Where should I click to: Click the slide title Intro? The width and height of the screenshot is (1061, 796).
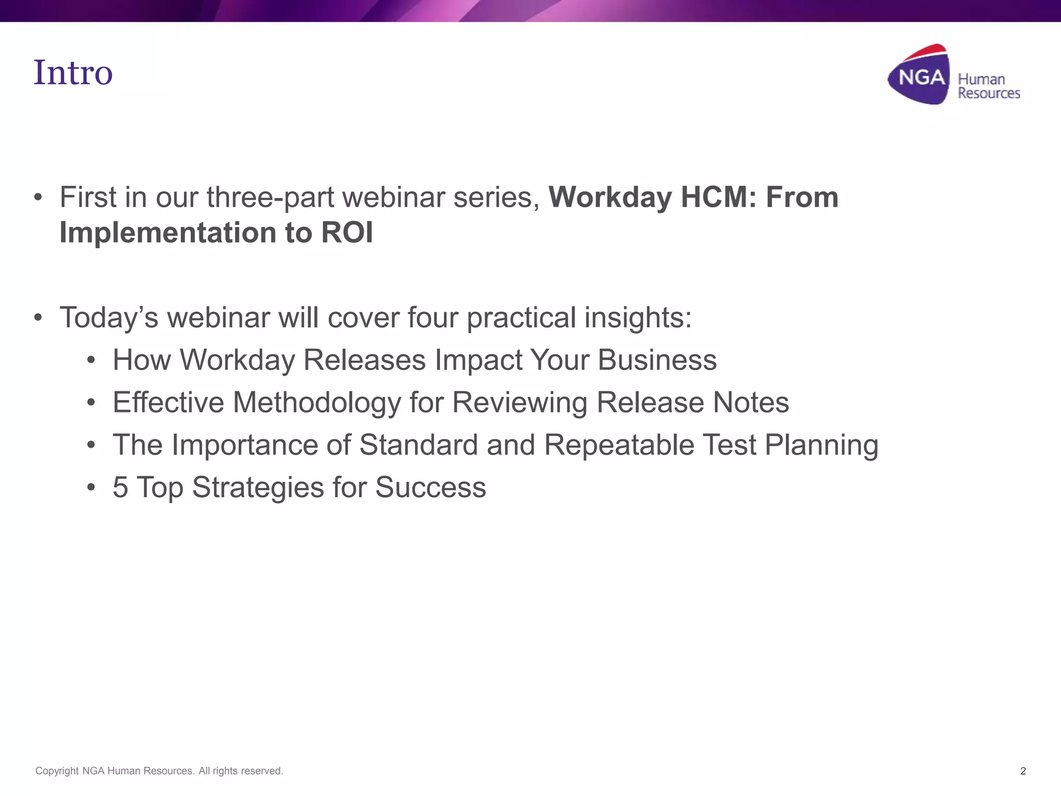point(73,73)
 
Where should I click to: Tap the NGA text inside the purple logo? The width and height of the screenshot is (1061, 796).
point(921,78)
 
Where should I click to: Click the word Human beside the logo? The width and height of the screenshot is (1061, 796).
point(981,79)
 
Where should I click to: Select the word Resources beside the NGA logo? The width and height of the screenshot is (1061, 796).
point(988,93)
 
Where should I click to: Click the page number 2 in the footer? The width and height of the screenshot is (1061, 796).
point(1023,771)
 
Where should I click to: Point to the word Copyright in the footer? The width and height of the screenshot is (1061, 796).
point(57,771)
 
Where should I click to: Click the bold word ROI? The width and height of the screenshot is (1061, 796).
point(347,233)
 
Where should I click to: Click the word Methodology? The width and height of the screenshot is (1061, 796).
point(317,403)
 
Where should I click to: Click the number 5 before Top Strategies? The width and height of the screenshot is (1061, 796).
point(120,488)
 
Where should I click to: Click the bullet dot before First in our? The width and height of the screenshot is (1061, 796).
point(38,197)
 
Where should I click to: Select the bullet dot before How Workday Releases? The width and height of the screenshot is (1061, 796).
point(91,360)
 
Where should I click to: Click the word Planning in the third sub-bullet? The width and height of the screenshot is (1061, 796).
point(821,445)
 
